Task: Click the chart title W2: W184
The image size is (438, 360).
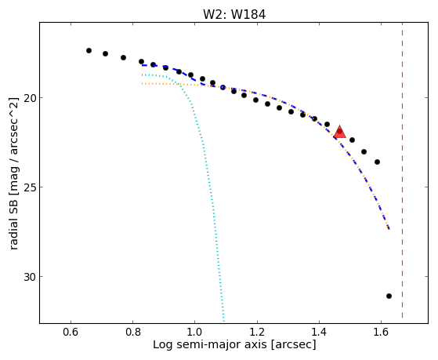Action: (234, 15)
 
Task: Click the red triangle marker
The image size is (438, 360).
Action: (340, 132)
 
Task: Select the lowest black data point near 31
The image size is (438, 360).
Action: (389, 296)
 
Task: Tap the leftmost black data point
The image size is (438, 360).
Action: (89, 51)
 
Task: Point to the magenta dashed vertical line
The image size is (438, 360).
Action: (402, 170)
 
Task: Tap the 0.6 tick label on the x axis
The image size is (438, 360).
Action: (71, 332)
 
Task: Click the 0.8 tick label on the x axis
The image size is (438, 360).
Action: (133, 332)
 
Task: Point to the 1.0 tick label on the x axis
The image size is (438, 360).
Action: (194, 332)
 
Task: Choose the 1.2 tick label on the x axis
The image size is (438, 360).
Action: (257, 332)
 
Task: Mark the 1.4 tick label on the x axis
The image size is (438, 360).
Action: (319, 332)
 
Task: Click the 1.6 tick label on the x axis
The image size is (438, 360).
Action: (381, 332)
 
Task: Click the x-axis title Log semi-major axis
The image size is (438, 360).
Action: (209, 345)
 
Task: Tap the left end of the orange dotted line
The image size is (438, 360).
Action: (142, 83)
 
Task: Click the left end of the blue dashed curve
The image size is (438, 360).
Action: (142, 65)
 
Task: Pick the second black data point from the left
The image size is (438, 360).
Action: (105, 53)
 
